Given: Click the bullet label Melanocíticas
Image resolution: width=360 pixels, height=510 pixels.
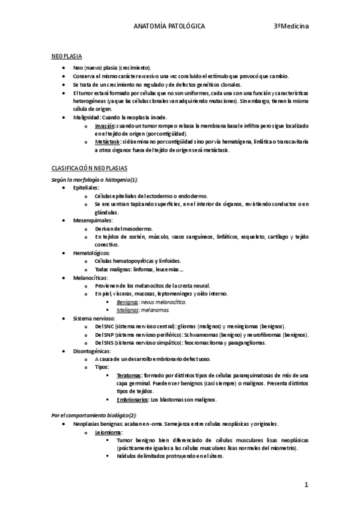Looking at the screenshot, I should [x=91, y=277].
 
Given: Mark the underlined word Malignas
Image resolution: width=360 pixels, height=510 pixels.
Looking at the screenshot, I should [x=127, y=309].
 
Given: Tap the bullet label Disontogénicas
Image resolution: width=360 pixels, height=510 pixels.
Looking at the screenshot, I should [x=92, y=350].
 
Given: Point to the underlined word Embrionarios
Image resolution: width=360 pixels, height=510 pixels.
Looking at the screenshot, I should [x=132, y=399].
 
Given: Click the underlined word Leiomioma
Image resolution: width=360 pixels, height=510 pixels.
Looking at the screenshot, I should [x=109, y=432].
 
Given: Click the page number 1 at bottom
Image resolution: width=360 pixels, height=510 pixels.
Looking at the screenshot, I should [x=306, y=484].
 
